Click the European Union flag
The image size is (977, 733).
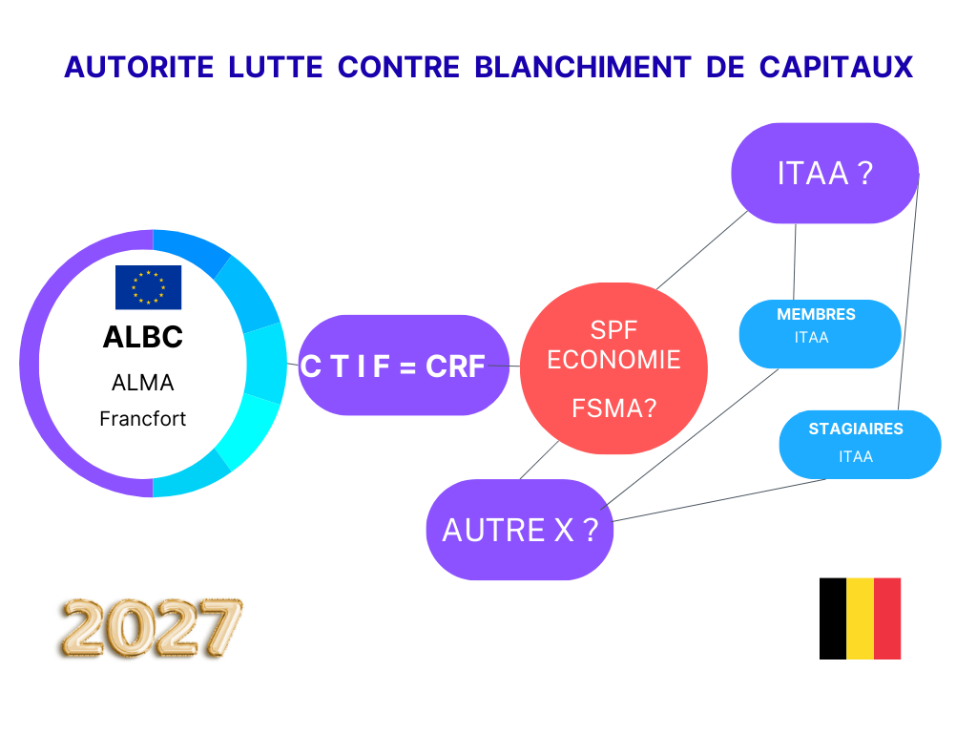(148, 287)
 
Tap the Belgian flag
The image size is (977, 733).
(860, 618)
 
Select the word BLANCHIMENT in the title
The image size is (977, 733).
(582, 68)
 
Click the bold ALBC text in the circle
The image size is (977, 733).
(142, 338)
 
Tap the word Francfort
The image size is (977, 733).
(143, 418)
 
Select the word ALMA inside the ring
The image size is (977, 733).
(143, 383)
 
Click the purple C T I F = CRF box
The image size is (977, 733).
(392, 366)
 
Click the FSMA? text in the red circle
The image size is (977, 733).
(613, 408)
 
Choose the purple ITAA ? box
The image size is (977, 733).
(824, 174)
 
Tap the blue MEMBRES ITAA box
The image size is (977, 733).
(820, 333)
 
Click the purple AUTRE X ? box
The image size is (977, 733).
(519, 530)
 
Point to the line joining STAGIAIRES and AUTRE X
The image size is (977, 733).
(720, 499)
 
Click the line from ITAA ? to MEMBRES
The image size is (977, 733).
(795, 262)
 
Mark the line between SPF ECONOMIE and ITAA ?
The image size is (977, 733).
(702, 248)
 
